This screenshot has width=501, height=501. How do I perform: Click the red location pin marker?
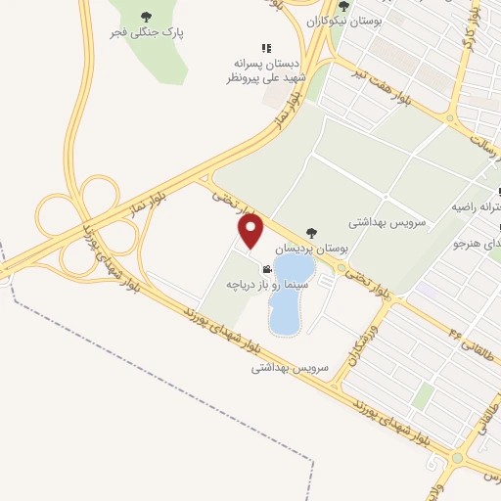251,230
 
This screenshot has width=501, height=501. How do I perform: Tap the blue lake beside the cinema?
291,293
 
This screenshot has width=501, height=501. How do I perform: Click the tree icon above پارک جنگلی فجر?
147,16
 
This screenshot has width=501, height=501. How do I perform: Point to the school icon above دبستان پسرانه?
265,47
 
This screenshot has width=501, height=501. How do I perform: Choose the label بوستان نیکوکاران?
342,20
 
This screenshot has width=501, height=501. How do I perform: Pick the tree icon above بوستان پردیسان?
311,233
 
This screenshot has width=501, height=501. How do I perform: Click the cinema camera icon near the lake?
266,269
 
